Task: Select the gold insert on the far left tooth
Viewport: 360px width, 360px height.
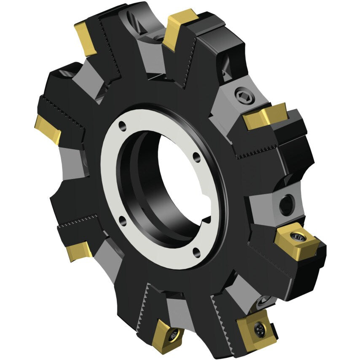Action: tap(47, 128)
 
